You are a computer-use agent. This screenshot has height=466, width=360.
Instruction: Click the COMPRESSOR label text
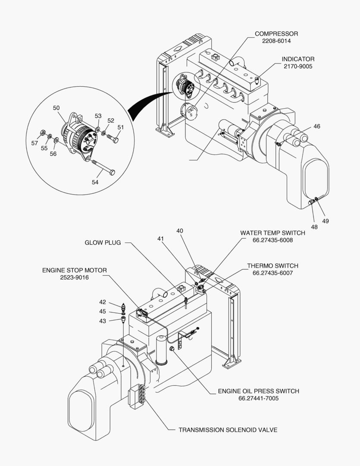(x=276, y=34)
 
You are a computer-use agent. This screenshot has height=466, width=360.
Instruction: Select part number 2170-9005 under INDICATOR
(x=298, y=66)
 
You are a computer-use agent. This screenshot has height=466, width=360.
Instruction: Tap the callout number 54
(x=95, y=182)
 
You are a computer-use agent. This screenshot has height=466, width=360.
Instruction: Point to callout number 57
(x=34, y=143)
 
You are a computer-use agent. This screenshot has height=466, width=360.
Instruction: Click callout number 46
(x=317, y=126)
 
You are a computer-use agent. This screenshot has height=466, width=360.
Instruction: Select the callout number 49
(x=326, y=221)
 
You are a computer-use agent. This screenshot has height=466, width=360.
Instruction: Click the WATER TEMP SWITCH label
(x=272, y=233)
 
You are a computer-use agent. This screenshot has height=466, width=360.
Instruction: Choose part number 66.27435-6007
(x=272, y=273)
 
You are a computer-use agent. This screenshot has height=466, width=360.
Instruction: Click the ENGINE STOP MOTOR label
(x=74, y=270)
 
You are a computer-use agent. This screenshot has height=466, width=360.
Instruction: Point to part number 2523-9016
(x=74, y=277)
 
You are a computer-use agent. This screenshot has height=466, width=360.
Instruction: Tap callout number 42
(x=103, y=302)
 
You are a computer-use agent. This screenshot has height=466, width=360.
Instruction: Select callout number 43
(x=103, y=321)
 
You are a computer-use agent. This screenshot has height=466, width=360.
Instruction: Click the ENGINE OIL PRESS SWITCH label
(x=258, y=391)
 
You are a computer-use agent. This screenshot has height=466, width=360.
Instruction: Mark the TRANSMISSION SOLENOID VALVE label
(x=228, y=430)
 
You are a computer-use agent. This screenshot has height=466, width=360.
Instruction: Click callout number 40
(x=179, y=231)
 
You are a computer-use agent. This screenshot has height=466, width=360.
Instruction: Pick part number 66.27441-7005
(x=258, y=398)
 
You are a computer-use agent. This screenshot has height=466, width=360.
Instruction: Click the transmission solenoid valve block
(x=137, y=396)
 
